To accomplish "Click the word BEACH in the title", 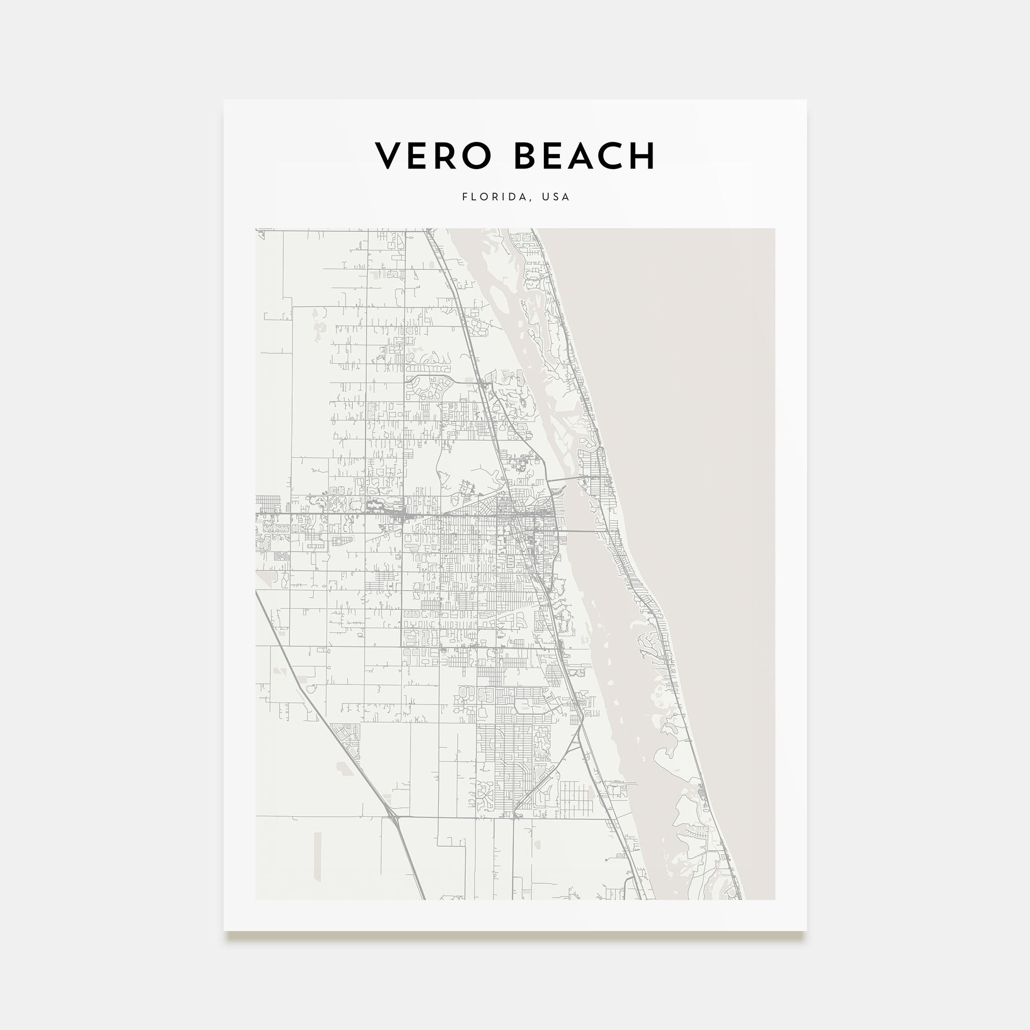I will click(584, 156).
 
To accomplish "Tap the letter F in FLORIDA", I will click(465, 197).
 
